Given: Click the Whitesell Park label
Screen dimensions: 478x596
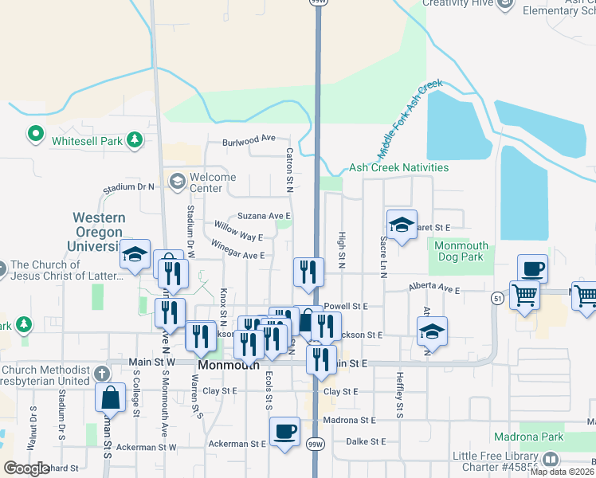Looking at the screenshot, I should point(88,141).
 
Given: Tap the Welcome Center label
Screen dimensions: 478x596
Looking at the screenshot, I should point(212,182).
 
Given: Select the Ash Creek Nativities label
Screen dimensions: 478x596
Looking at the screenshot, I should point(398,168).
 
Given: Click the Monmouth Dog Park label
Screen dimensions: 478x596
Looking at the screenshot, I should point(462,252).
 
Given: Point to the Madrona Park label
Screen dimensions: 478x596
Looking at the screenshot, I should point(549,437).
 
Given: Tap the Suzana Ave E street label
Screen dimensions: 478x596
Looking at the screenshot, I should point(264,216).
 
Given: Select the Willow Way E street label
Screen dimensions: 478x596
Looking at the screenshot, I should point(238,231).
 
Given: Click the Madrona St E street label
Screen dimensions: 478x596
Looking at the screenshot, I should point(349,420).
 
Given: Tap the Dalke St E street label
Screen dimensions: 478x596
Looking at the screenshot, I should point(366,441).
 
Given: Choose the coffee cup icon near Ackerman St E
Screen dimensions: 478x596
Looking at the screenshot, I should point(284,431).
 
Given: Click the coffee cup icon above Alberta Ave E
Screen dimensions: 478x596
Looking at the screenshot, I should point(532,269).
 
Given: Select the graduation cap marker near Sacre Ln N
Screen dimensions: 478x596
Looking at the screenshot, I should point(402,225).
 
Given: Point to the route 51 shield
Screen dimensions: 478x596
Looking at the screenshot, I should point(497,298).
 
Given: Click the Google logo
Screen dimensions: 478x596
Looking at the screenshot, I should point(27,468).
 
